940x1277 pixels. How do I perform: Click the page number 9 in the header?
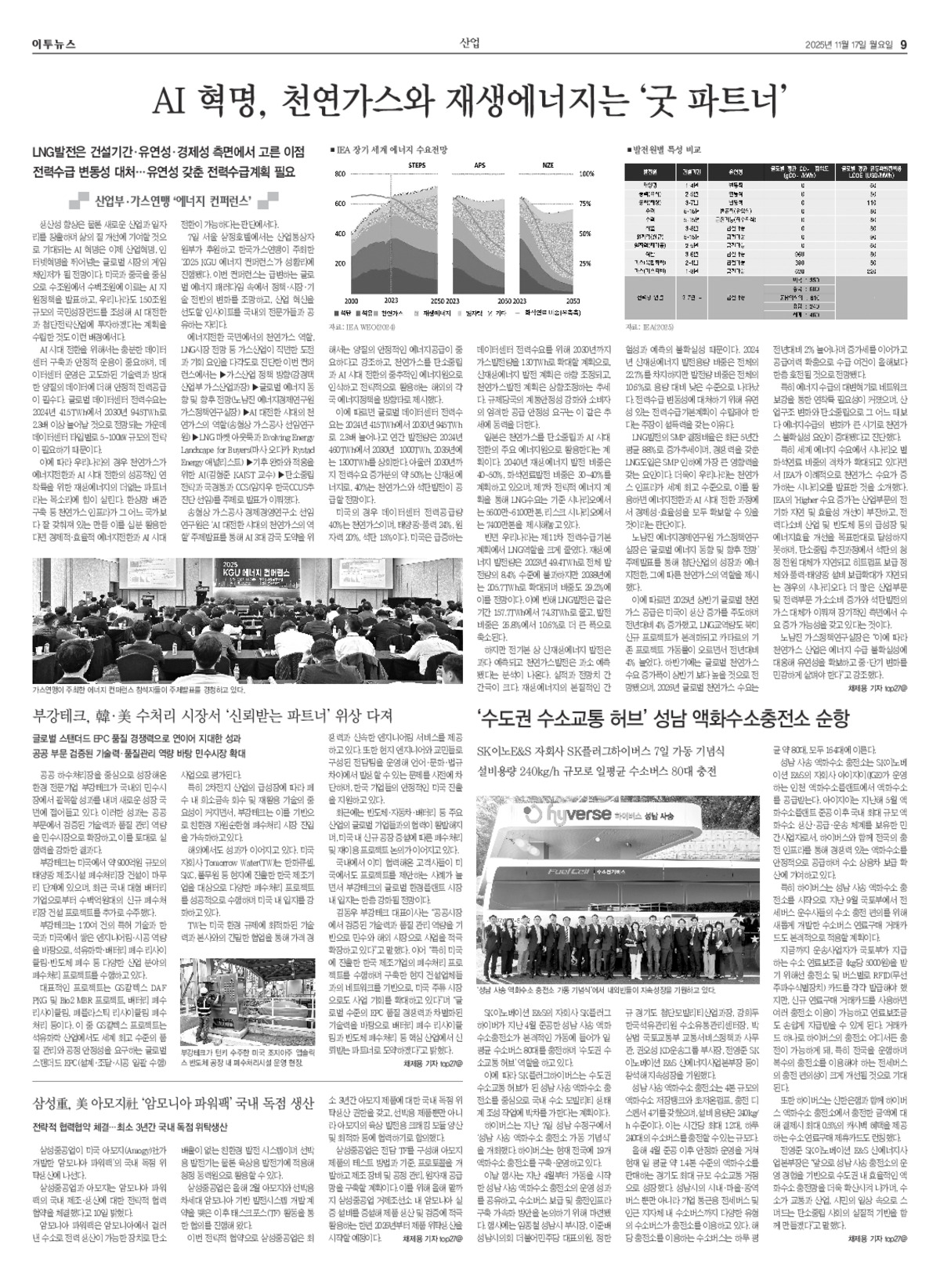point(903,43)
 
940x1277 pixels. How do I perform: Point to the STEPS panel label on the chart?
point(418,165)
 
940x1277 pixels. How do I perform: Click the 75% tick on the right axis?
point(585,203)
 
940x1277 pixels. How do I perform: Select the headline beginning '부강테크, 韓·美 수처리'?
point(211,715)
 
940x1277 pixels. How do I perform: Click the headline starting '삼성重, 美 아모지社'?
point(173,1105)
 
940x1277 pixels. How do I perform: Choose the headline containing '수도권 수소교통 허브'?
point(663,718)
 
